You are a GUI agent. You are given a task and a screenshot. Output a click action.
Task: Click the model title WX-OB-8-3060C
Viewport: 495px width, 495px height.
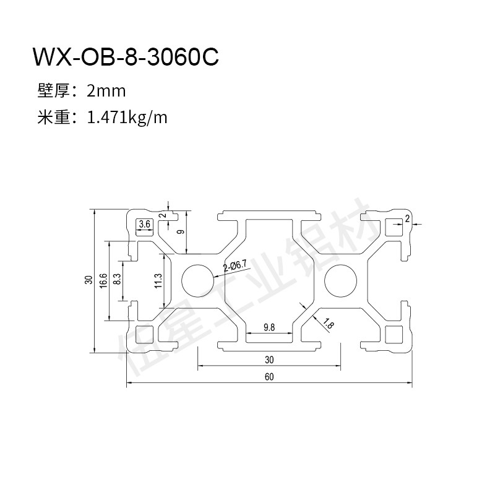(x=126, y=57)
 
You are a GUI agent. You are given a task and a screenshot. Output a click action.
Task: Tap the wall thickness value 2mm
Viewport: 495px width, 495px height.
(x=106, y=91)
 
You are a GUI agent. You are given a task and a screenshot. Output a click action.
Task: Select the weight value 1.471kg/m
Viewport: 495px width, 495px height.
(x=127, y=118)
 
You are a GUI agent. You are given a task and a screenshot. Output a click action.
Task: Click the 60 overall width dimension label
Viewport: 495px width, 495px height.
(x=269, y=377)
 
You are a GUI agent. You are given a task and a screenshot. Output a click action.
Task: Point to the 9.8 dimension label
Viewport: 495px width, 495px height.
(x=269, y=327)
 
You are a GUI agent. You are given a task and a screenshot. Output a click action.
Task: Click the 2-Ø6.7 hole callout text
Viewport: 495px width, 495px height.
(x=235, y=266)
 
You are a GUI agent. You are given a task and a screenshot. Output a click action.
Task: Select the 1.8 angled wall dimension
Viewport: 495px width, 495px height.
(x=329, y=324)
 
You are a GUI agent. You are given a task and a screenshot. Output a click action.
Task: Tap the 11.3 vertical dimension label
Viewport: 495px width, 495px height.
(x=158, y=281)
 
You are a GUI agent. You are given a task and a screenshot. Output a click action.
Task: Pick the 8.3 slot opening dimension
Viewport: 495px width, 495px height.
(x=117, y=279)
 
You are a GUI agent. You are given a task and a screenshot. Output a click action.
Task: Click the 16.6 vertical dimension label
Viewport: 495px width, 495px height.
(x=103, y=280)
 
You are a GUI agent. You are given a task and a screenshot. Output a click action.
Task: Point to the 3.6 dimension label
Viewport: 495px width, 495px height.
(x=145, y=224)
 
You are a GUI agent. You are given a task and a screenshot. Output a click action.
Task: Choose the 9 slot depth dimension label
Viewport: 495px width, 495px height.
(x=181, y=232)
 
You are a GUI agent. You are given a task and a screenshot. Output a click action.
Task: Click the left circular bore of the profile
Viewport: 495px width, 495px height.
(x=198, y=280)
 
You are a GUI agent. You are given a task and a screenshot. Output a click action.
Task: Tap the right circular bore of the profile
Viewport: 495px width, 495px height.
(x=341, y=280)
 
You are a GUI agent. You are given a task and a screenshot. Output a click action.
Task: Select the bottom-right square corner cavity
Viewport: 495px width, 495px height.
(x=394, y=334)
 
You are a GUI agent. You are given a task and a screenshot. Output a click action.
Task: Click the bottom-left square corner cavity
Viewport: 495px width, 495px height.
(x=144, y=334)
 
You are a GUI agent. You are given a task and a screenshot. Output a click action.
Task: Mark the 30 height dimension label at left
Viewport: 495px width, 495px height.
(x=89, y=280)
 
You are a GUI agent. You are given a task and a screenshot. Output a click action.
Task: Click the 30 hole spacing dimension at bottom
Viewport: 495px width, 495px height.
(x=269, y=359)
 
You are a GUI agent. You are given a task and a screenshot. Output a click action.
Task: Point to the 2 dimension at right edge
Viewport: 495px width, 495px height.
(x=407, y=218)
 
